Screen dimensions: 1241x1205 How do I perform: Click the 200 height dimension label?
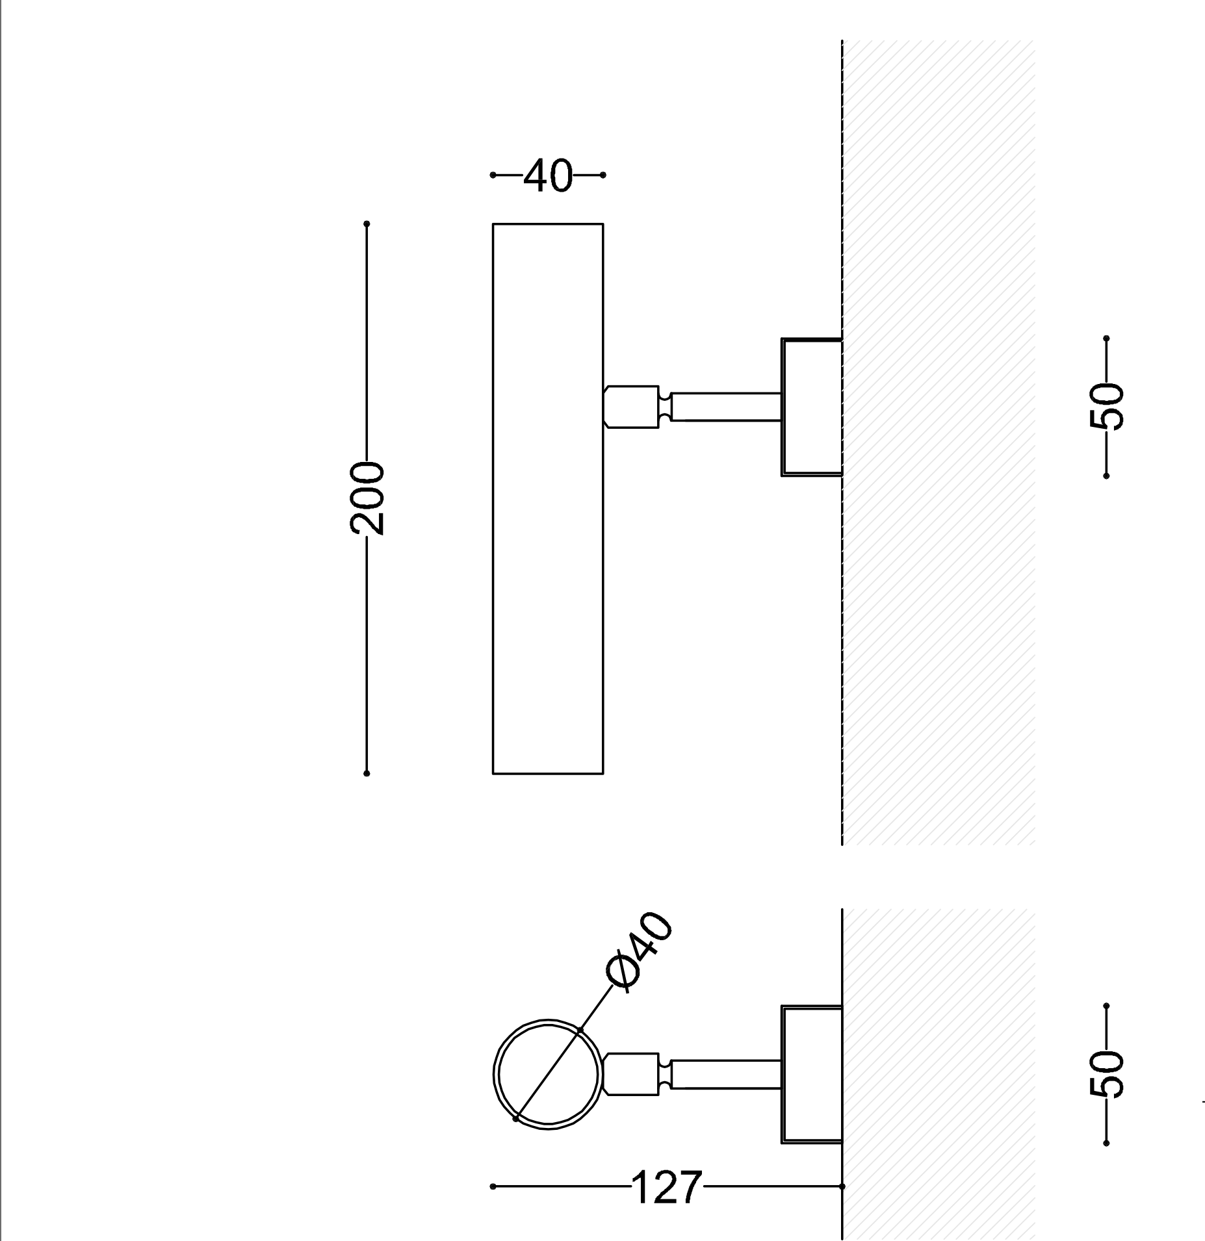click(368, 498)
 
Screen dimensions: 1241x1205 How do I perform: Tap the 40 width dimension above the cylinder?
click(548, 175)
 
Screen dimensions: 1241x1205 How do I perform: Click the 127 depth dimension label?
click(667, 1186)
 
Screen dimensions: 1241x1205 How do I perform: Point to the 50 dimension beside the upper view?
click(1106, 407)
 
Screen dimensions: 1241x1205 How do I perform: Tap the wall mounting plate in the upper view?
click(812, 407)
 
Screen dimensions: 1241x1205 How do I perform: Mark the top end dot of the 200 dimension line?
click(367, 224)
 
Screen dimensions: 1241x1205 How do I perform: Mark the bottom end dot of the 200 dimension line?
click(367, 773)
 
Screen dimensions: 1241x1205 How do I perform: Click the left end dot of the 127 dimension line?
click(493, 1186)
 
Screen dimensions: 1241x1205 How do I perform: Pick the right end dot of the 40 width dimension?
click(603, 175)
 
